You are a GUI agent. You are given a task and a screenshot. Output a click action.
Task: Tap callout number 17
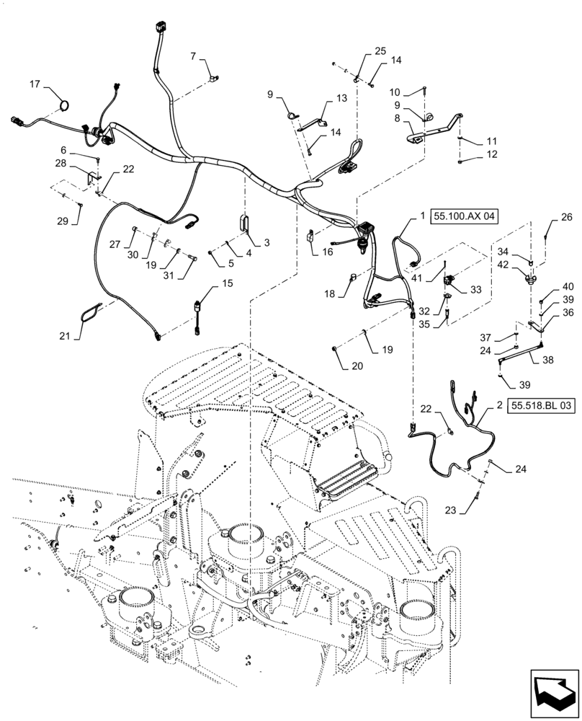[35, 85]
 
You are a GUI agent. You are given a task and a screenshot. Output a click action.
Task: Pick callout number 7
[194, 56]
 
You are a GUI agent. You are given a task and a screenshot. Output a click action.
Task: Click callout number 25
[380, 51]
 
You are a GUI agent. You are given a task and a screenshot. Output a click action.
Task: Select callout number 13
[341, 98]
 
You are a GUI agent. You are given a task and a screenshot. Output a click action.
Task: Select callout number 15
[228, 283]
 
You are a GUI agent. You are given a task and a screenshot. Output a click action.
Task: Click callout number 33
[476, 289]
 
